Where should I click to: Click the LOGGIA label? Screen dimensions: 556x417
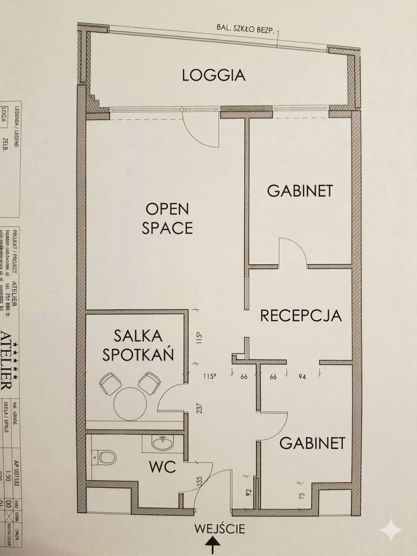click(x=214, y=75)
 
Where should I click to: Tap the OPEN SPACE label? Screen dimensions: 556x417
click(x=167, y=218)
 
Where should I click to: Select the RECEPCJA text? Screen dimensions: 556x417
click(x=301, y=316)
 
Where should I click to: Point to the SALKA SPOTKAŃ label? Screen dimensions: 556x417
click(x=138, y=345)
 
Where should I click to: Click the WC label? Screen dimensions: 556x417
click(x=162, y=467)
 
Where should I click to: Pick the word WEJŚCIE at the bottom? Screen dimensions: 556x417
click(x=220, y=528)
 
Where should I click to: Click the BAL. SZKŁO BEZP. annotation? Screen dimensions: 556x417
click(x=246, y=28)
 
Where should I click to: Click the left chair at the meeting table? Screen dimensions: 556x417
click(x=110, y=384)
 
